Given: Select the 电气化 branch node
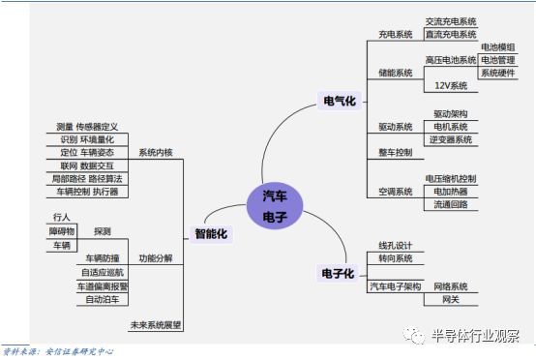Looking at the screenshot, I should click(339, 101).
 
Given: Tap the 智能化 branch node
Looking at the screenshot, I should click(210, 233).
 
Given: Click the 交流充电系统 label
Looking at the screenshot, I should click(452, 20).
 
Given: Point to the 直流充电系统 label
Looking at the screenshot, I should click(452, 34).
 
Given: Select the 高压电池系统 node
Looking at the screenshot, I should click(451, 60).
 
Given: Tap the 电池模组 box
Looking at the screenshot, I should click(497, 46).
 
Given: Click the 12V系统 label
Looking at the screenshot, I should click(451, 86).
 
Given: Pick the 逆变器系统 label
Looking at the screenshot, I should click(451, 139).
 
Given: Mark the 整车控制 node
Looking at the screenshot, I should click(395, 153).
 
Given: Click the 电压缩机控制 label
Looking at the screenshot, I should click(451, 179).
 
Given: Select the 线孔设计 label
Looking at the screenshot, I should click(395, 245).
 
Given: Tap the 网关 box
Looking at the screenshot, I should click(451, 300).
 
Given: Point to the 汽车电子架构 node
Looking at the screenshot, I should click(395, 287).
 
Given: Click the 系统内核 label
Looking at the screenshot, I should click(155, 153).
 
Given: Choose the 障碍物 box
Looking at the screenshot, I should click(62, 232).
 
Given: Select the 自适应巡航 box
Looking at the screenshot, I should click(103, 273).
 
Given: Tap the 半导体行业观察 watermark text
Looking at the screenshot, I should click(482, 336).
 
